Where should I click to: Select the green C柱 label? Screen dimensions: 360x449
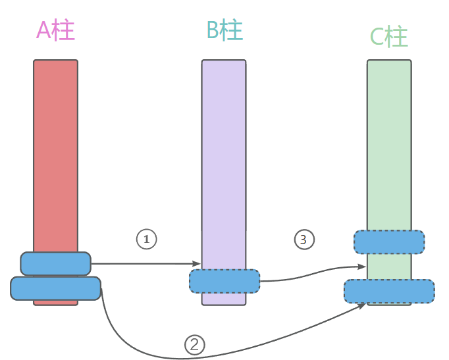[389, 37]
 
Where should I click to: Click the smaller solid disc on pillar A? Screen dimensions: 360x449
[55, 263]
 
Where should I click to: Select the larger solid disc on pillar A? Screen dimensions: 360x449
[55, 288]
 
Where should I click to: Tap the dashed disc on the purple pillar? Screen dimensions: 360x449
[224, 281]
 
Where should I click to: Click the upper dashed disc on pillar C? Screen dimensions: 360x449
[389, 242]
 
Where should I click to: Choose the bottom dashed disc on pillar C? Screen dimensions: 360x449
[389, 291]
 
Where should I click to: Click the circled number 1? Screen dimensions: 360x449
[146, 239]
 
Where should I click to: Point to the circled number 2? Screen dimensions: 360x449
[194, 344]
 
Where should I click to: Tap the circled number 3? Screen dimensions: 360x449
[303, 240]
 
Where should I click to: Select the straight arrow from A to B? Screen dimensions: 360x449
[145, 264]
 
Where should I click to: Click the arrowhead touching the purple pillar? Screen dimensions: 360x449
[198, 264]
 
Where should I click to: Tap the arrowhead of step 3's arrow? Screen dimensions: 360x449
[363, 267]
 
